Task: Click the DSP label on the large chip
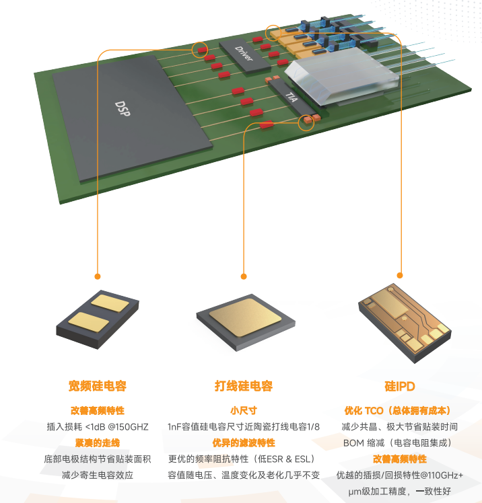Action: pos(123,108)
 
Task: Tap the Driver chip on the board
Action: pos(244,56)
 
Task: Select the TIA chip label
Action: pos(291,98)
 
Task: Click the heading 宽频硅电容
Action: pos(98,386)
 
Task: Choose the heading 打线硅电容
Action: pos(244,386)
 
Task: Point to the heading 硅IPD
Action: pos(400,386)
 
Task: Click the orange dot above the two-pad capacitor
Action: pos(98,276)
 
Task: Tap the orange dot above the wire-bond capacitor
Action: pos(244,276)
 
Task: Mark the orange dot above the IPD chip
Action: pos(400,275)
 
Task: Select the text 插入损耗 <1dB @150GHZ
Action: pos(98,426)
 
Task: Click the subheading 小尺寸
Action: pos(244,411)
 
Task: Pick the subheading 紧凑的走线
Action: pos(98,443)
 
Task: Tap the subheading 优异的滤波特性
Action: pos(244,443)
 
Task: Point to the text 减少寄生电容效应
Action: pos(98,475)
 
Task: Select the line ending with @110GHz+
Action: pos(400,475)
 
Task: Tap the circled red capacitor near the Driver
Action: pos(202,50)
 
